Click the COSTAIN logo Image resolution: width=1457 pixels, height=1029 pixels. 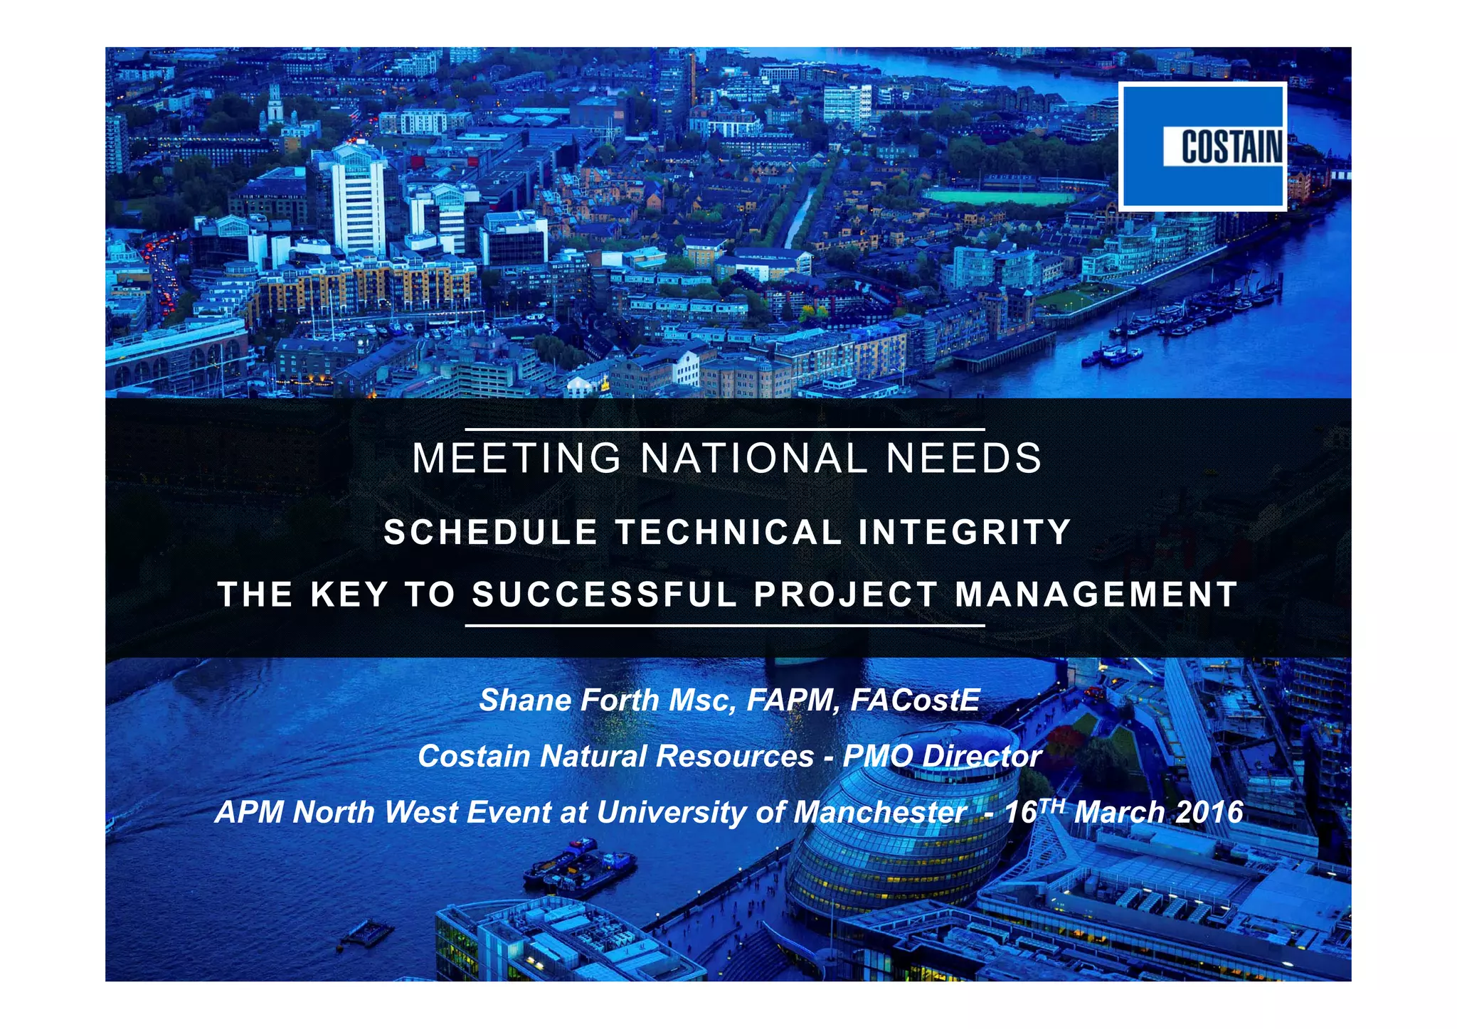1202,146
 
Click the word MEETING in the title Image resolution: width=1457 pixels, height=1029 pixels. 517,458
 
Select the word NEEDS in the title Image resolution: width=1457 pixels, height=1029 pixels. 964,458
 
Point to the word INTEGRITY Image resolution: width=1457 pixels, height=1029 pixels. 965,532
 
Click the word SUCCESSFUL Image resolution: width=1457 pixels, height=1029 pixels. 605,595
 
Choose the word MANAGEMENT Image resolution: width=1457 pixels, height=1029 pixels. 1096,595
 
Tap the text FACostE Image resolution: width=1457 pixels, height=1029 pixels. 915,700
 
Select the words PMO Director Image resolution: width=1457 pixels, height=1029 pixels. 942,756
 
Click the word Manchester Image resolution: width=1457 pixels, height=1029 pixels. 879,812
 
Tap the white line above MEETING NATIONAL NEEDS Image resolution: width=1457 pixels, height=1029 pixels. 724,430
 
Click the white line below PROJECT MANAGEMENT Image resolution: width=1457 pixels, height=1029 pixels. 724,626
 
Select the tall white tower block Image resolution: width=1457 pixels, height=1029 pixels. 358,203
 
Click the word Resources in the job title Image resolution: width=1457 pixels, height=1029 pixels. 735,756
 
